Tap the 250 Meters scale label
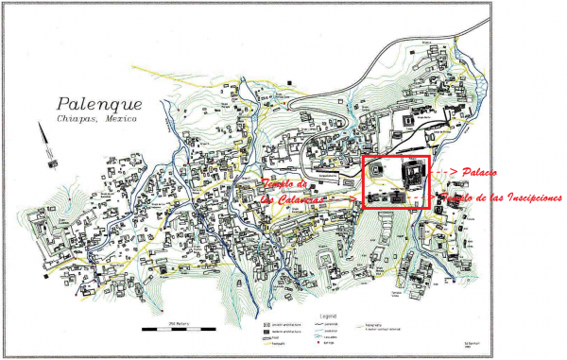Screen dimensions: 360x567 pyautogui.click(x=175, y=323)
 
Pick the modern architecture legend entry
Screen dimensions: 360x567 pyautogui.click(x=283, y=330)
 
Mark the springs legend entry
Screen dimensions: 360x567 pyautogui.click(x=330, y=342)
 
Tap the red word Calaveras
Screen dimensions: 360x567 pyautogui.click(x=295, y=199)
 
